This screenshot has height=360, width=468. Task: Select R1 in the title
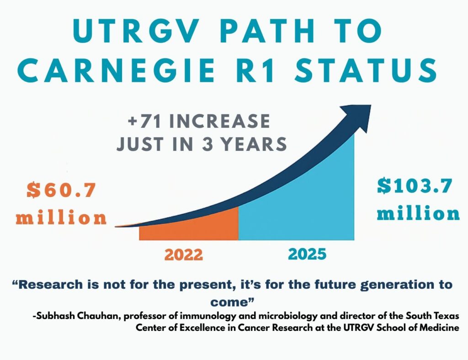click(281, 72)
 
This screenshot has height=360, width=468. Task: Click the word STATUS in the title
click(381, 72)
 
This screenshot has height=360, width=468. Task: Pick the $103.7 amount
click(415, 186)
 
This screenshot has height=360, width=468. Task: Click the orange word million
click(61, 218)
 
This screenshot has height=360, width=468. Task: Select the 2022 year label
click(184, 255)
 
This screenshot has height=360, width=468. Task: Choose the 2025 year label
click(308, 254)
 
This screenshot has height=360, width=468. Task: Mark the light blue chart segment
click(302, 206)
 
